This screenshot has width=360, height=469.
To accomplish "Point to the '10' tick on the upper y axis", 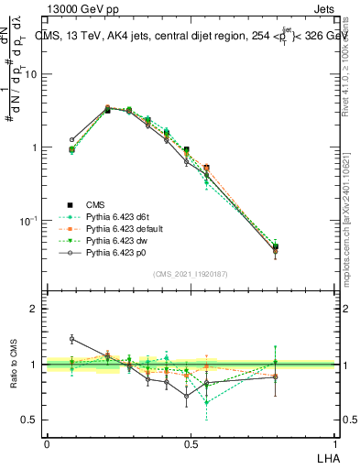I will (34, 74).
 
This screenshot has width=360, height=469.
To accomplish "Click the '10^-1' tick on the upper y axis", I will (31, 220).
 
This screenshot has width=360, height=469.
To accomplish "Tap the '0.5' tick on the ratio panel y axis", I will (31, 420).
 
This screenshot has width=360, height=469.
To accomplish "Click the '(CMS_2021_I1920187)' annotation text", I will (191, 275).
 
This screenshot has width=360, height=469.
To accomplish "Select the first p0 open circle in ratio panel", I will (72, 339).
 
